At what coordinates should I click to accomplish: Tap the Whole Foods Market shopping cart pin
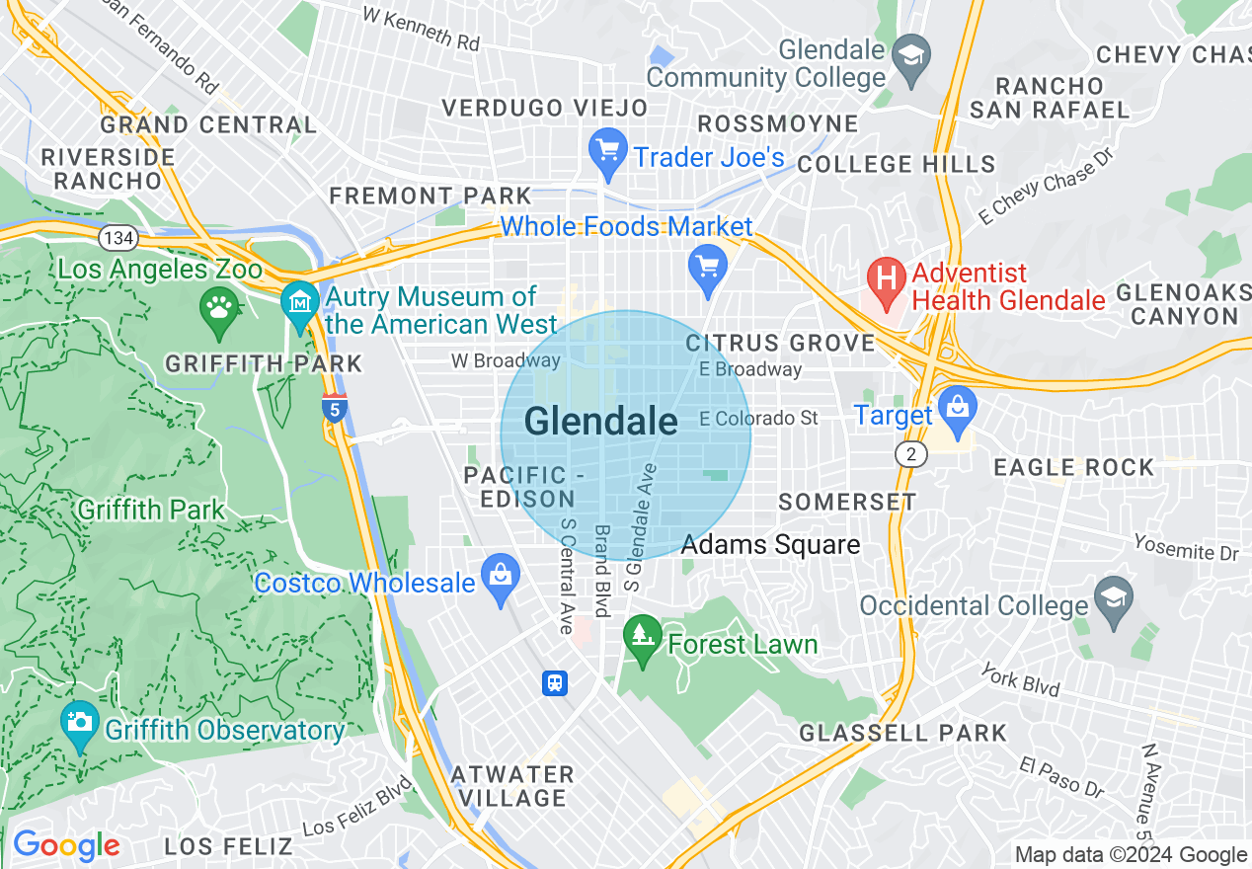pyautogui.click(x=707, y=268)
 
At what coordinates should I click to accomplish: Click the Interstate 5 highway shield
pyautogui.click(x=334, y=407)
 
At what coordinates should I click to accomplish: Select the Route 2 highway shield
pyautogui.click(x=908, y=453)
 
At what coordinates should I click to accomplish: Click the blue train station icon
pyautogui.click(x=555, y=682)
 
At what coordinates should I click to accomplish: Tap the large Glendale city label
pyautogui.click(x=600, y=422)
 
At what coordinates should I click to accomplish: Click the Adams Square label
pyautogui.click(x=770, y=544)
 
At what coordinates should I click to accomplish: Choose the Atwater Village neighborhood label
pyautogui.click(x=512, y=786)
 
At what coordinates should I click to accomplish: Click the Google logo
pyautogui.click(x=65, y=845)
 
